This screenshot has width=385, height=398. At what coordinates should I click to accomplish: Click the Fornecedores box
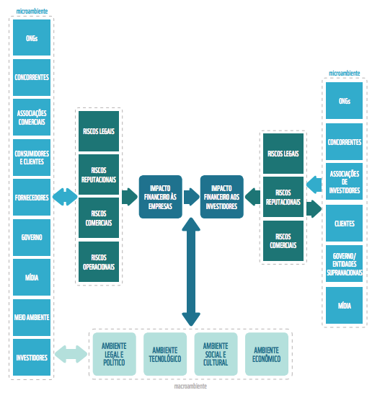[x=32, y=198]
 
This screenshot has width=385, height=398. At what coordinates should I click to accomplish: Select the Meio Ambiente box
[x=32, y=317]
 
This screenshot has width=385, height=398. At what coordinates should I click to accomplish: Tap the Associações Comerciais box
[x=32, y=118]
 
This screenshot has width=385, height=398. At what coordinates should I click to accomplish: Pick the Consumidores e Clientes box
[x=32, y=157]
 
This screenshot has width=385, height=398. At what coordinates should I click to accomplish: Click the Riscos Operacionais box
[x=99, y=262]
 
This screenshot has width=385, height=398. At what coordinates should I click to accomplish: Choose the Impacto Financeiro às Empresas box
[x=160, y=197]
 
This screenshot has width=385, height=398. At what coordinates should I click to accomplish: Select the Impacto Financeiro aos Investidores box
[x=222, y=197]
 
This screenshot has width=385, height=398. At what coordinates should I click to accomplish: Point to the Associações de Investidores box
[x=344, y=182]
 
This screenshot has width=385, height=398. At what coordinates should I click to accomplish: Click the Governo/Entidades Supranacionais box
[x=344, y=263]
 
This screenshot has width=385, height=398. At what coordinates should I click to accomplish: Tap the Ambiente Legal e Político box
[x=115, y=354]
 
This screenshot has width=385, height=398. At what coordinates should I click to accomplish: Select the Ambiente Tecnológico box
[x=165, y=354]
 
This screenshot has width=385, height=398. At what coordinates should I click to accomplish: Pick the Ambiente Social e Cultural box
[x=216, y=354]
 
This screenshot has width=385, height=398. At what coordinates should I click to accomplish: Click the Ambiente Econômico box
[x=267, y=354]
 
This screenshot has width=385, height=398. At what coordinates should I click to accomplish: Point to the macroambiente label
[x=190, y=386]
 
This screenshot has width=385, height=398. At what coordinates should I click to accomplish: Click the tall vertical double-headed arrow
[x=191, y=272]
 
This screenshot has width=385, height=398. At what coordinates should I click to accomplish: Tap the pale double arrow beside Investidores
[x=71, y=354]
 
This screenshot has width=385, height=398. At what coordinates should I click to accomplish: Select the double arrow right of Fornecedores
[x=65, y=197]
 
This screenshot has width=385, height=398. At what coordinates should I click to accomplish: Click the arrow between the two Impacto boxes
[x=192, y=197]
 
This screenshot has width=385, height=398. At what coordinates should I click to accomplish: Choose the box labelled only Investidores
[x=32, y=358]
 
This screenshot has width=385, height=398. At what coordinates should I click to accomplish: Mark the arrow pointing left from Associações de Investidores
[x=314, y=185]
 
